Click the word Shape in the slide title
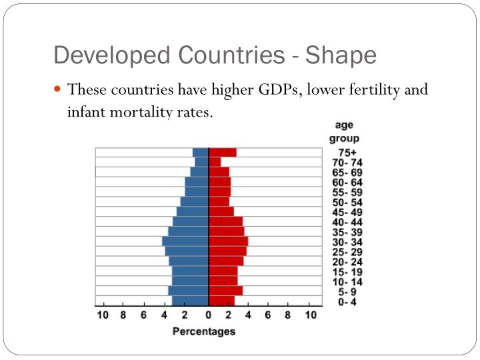[x=341, y=55]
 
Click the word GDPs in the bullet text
[x=279, y=89]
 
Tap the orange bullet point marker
[x=58, y=89]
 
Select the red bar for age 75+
[x=222, y=153]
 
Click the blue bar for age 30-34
[x=185, y=241]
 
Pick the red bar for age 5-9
[x=225, y=291]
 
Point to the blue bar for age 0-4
[x=190, y=301]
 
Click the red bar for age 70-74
[x=215, y=162]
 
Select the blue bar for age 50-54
[x=195, y=201]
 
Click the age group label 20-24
[x=347, y=262]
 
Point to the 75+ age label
[x=347, y=153]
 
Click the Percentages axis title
[x=204, y=331]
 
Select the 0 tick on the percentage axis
[x=208, y=315]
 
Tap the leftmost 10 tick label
[x=103, y=315]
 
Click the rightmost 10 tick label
[x=310, y=315]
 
